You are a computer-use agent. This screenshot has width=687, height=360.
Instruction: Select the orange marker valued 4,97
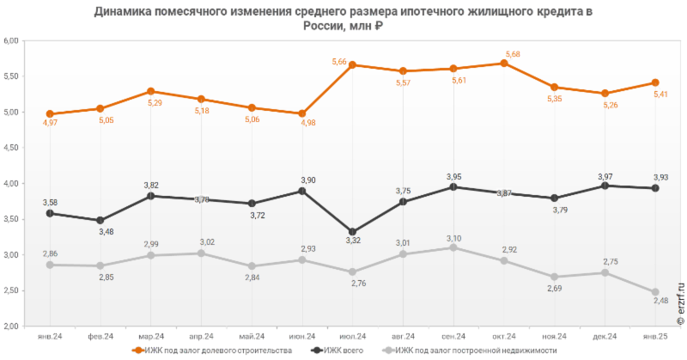pos(50,113)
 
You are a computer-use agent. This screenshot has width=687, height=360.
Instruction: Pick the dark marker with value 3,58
pos(50,213)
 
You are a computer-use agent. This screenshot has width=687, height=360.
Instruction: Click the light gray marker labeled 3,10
pos(453,247)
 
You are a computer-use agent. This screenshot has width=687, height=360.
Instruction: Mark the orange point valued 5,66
pos(353,64)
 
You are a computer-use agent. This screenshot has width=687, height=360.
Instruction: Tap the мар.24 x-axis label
pos(150,336)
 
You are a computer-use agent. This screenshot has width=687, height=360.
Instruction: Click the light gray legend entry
pos(468,351)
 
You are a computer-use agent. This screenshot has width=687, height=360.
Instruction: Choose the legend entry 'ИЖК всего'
pos(334,351)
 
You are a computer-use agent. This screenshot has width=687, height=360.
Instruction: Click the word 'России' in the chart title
pos(320,25)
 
